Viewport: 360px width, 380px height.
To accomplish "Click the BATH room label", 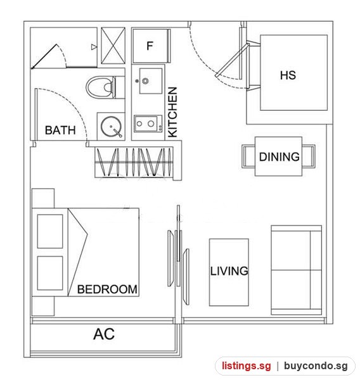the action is [x=60, y=130].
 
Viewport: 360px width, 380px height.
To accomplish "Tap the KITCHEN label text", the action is [x=173, y=113].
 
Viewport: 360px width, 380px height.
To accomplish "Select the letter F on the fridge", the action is [x=150, y=46].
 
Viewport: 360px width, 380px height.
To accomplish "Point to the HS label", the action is [x=288, y=75].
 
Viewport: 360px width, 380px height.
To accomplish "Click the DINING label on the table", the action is [x=280, y=157].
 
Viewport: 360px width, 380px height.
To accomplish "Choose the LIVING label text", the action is [x=229, y=271].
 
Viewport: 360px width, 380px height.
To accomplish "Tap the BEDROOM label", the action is [x=107, y=289].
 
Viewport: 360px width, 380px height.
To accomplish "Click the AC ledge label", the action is [x=104, y=334].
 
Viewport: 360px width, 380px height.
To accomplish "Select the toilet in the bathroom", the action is [x=101, y=87].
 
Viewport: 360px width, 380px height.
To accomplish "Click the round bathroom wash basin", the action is [x=112, y=127].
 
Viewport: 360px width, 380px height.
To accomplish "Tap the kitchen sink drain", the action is [x=145, y=80].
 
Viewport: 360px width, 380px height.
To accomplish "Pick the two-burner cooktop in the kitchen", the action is [x=148, y=123].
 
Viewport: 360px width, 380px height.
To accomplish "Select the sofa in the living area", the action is [x=297, y=270].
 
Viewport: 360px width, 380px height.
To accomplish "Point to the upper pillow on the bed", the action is [x=50, y=231].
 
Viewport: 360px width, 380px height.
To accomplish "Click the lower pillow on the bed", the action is [x=50, y=273].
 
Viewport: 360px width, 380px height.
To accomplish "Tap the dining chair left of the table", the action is [x=248, y=156].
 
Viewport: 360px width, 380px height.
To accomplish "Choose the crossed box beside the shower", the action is [x=113, y=46].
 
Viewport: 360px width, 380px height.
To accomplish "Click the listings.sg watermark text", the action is [x=246, y=366].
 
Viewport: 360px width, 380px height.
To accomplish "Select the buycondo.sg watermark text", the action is [x=316, y=366].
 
